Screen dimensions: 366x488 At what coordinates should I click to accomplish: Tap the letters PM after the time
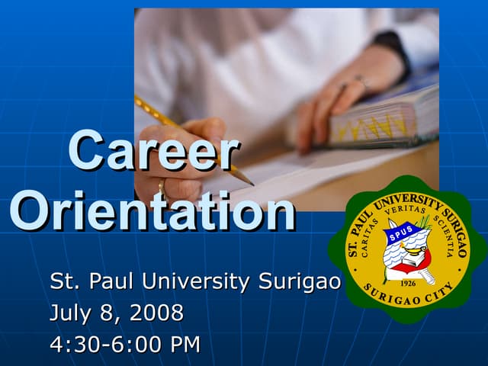click(185, 345)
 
